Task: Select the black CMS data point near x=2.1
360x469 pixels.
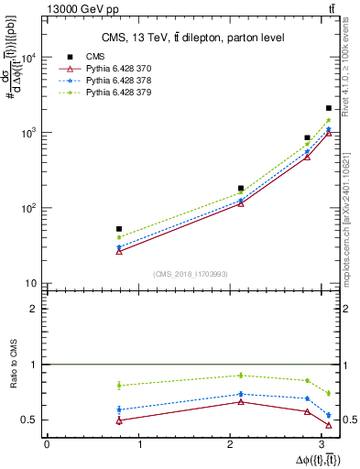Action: (241, 189)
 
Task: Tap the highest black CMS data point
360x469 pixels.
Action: (328, 108)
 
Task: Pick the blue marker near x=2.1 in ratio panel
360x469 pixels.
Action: (241, 394)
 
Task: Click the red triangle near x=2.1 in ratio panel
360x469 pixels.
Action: (241, 401)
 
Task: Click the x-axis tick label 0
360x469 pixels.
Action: (47, 444)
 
